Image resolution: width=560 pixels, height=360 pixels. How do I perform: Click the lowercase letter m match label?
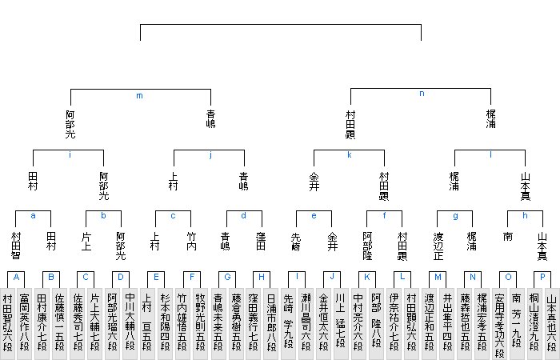(x=139, y=96)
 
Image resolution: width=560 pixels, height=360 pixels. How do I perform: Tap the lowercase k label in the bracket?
(x=350, y=154)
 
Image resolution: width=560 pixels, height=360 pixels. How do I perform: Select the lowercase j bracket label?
(x=210, y=154)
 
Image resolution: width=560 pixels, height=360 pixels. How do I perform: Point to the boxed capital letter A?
(x=16, y=277)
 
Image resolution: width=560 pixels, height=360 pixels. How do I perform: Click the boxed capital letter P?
(x=542, y=277)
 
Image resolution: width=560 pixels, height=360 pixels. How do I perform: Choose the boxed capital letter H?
(x=262, y=277)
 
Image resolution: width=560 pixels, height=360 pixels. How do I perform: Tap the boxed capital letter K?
(x=366, y=277)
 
